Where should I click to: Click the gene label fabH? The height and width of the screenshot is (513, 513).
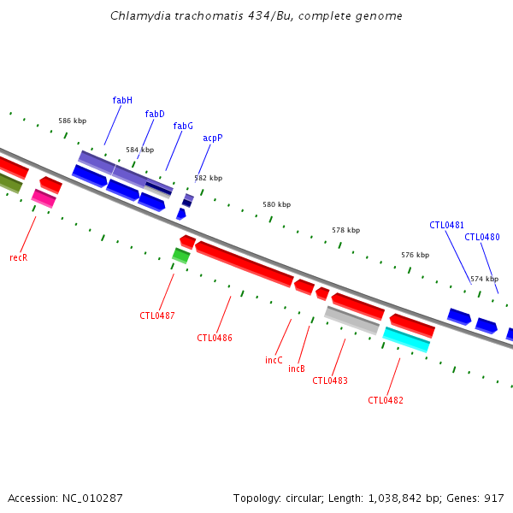click(122, 101)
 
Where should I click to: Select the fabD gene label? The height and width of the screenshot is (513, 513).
click(155, 115)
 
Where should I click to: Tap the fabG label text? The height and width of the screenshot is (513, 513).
click(183, 127)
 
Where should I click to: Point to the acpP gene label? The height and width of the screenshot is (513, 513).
click(213, 138)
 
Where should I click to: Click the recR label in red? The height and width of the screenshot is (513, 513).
click(19, 257)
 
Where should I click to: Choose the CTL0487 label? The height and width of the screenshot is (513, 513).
click(157, 316)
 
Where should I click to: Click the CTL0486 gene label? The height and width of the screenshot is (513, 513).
click(215, 339)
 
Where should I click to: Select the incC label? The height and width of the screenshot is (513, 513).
click(274, 361)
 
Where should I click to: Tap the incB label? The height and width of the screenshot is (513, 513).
click(297, 369)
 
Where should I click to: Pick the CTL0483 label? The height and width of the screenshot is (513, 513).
click(330, 381)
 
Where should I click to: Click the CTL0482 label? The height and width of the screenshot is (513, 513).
click(386, 401)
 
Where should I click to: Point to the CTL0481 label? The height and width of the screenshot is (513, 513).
click(446, 226)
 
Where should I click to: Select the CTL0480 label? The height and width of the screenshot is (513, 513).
click(482, 238)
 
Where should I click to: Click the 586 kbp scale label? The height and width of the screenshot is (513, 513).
click(72, 121)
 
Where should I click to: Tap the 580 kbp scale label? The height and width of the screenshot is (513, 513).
click(276, 205)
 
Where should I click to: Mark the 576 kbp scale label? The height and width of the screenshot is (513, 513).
click(415, 256)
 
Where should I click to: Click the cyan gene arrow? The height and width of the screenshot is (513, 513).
click(406, 339)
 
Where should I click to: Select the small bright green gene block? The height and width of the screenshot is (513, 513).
click(181, 255)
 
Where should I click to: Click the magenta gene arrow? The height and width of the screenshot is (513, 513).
click(44, 198)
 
